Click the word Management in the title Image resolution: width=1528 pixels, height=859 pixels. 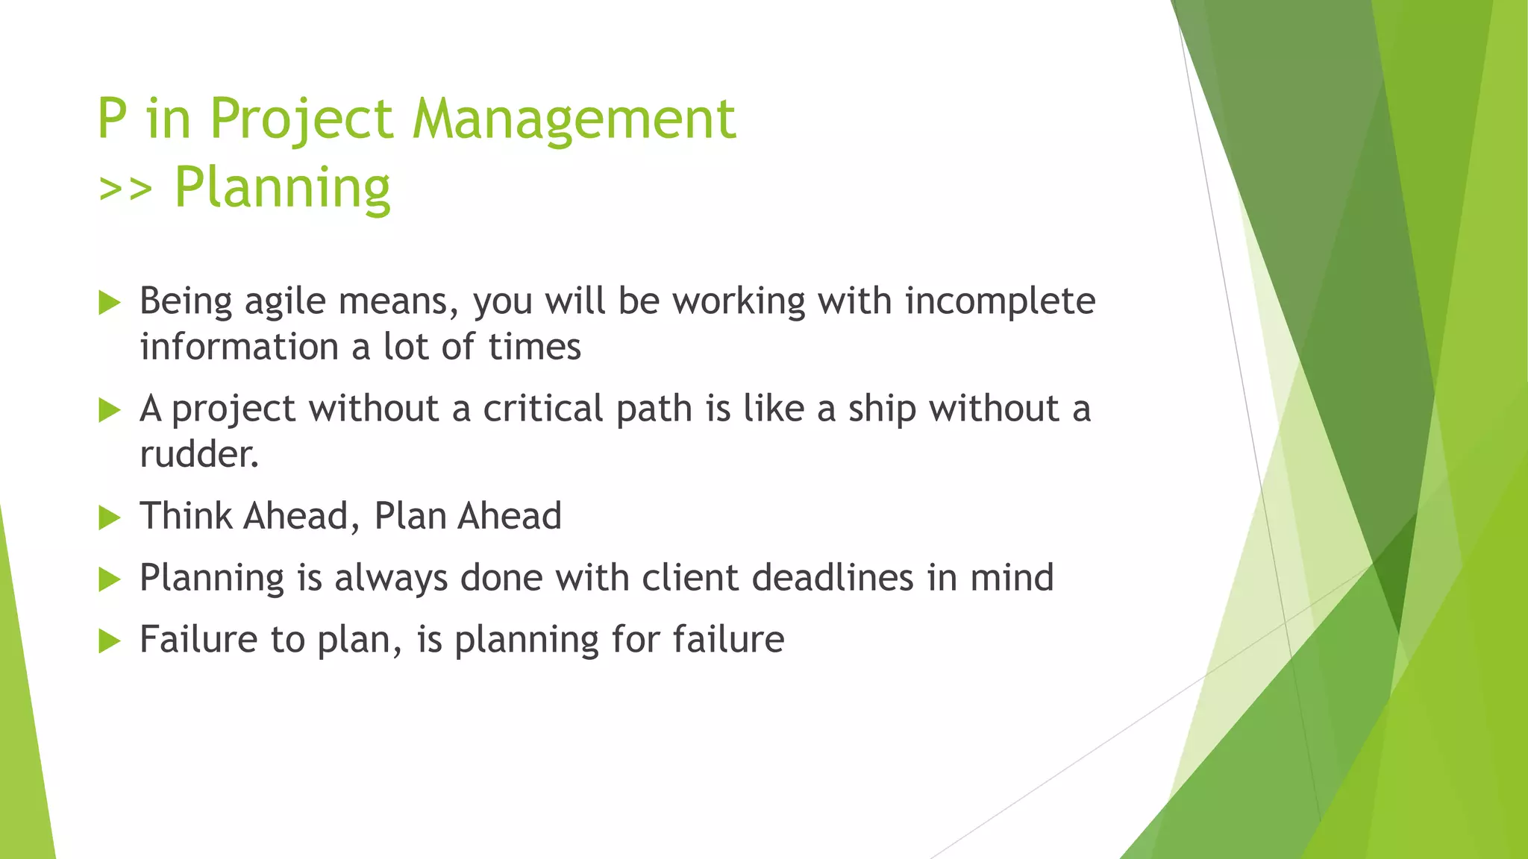[x=574, y=119]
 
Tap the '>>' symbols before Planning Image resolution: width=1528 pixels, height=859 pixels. [x=125, y=189]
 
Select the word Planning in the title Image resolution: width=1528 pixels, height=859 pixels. [x=282, y=189]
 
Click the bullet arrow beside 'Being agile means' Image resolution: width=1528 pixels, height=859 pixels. [x=109, y=303]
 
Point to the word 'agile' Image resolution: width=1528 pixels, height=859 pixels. [x=286, y=302]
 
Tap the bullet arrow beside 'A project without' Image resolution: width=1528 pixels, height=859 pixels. [x=109, y=410]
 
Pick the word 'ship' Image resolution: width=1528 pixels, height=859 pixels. [x=882, y=410]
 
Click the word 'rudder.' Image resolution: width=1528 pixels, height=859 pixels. [x=199, y=454]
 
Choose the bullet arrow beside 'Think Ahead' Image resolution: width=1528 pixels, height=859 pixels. [x=109, y=517]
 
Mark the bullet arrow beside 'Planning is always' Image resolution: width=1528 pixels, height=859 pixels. [x=109, y=579]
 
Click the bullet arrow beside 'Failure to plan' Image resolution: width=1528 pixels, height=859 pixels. [x=109, y=641]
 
